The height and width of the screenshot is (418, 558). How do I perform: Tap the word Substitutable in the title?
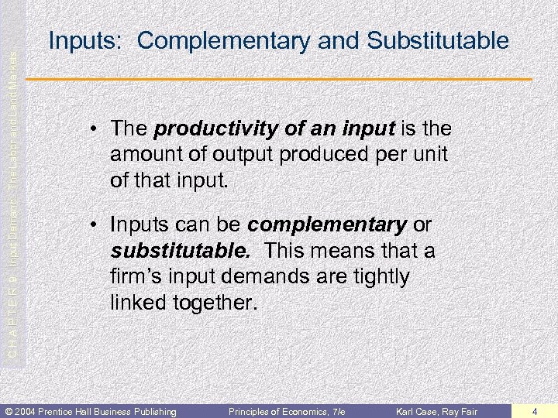coord(438,40)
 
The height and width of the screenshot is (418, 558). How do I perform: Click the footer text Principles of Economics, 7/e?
coord(286,410)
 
